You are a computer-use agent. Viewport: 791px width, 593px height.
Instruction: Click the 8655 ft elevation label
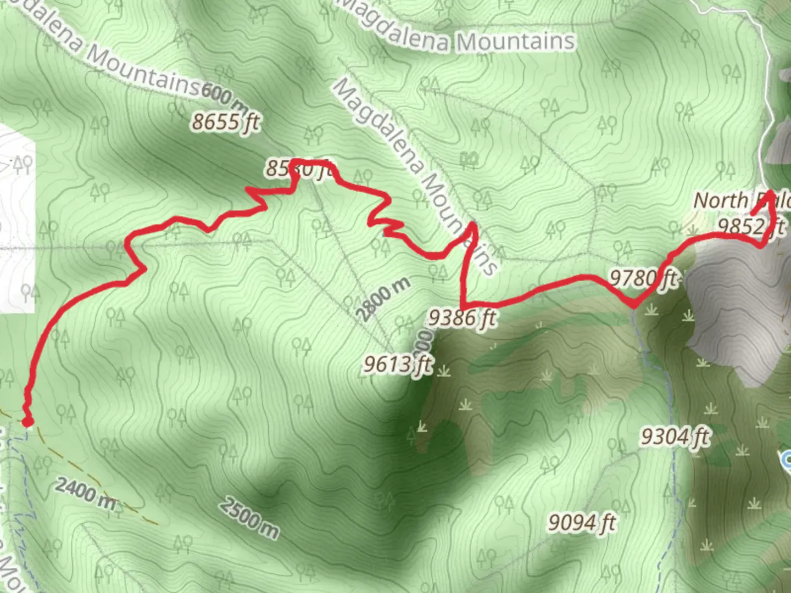[x=225, y=122]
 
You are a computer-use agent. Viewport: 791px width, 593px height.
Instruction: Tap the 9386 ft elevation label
[x=463, y=317]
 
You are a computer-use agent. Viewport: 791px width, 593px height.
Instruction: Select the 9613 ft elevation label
[x=398, y=364]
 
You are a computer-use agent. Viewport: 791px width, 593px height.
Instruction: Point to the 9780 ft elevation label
[x=643, y=279]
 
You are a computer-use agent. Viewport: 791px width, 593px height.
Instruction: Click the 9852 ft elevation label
[x=750, y=226]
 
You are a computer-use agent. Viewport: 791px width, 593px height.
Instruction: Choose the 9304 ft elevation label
[x=675, y=437]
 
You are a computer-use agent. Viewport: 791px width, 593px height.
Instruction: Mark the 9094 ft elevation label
[x=582, y=522]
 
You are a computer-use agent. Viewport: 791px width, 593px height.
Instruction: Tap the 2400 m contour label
[x=86, y=493]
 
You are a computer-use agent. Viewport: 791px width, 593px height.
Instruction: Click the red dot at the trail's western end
[x=27, y=422]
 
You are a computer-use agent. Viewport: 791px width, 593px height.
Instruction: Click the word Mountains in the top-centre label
[x=516, y=42]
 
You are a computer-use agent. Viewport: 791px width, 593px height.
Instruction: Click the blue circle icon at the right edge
[x=787, y=459]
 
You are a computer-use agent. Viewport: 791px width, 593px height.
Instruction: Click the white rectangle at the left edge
[x=16, y=220]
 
